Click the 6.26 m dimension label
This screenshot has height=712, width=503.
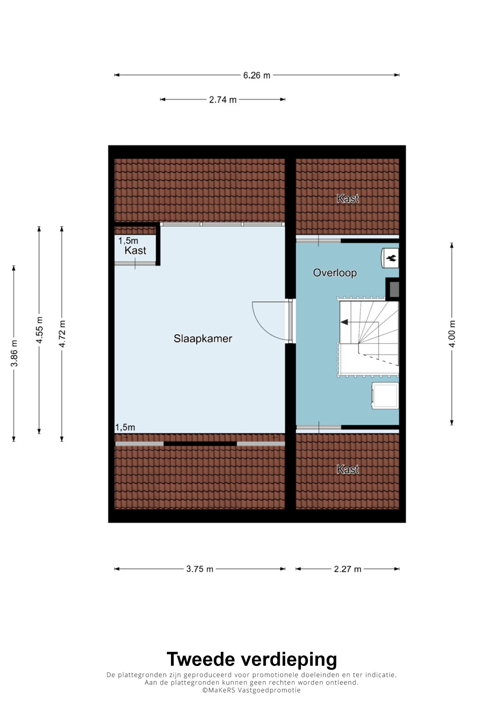tap(256, 75)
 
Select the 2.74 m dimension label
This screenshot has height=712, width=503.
tap(223, 100)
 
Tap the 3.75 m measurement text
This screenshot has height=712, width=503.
tap(200, 569)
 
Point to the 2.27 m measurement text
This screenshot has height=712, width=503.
tap(347, 569)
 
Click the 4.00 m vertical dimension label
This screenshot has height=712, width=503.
tap(452, 334)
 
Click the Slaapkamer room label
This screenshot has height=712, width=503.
tap(203, 339)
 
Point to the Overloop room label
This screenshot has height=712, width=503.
tap(335, 273)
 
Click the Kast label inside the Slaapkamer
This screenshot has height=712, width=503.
tap(136, 251)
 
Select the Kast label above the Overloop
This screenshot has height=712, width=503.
tap(348, 199)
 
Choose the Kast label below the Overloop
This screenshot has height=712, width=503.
tap(348, 469)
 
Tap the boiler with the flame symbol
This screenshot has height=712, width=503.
tap(390, 258)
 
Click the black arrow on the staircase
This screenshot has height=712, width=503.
tap(344, 323)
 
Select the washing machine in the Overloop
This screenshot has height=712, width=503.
tap(385, 396)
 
